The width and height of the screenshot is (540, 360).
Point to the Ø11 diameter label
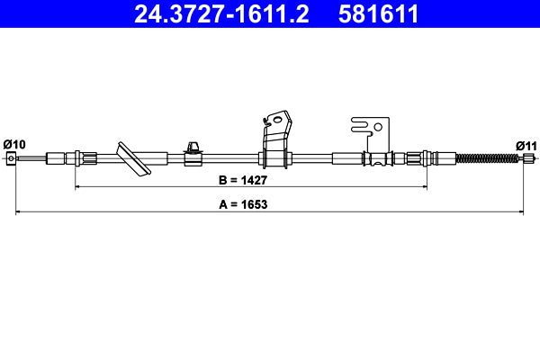point(526,144)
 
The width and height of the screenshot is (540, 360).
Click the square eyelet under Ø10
point(12,159)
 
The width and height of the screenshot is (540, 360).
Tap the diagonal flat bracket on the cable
point(132,158)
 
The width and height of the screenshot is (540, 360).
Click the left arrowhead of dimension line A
point(15,212)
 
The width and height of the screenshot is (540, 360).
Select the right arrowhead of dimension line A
point(524,212)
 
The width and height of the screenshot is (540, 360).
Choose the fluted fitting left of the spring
point(416,159)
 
